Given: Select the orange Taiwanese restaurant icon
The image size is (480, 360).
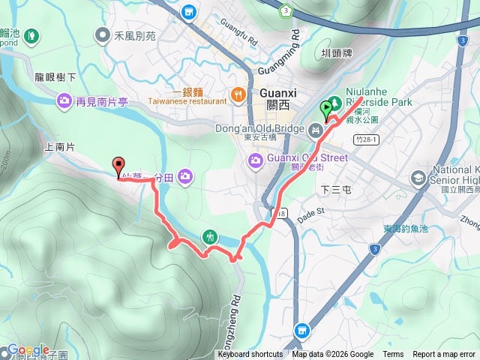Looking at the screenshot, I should click(238, 94).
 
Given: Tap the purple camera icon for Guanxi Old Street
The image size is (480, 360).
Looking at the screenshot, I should click(256, 159).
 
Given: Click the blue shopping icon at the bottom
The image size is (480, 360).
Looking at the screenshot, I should click(301, 330).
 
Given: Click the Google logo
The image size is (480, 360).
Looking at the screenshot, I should click(28, 350).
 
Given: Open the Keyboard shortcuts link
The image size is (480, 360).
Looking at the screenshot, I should click(250, 355).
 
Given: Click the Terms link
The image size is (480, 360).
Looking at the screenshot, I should click(393, 355).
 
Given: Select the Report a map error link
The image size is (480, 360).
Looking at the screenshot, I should click(443, 355).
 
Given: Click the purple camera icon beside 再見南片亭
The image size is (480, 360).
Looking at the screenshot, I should click(64, 100).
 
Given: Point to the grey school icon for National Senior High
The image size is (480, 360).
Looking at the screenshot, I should click(418, 178).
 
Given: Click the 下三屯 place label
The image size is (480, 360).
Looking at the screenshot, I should click(335, 190).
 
